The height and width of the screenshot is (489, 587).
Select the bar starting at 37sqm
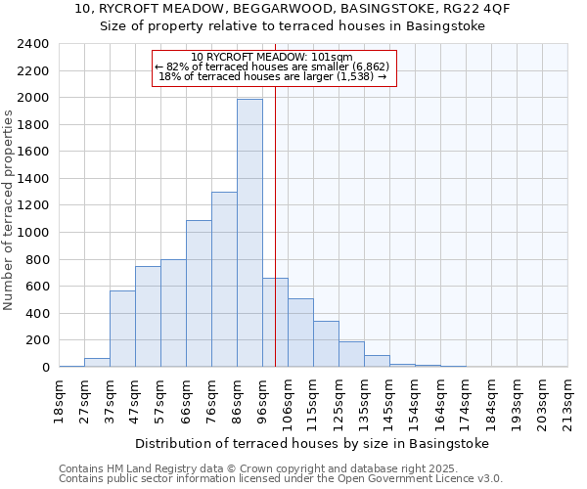click(122, 329)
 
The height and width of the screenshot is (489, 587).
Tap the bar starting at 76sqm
click(224, 280)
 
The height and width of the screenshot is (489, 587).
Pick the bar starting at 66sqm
click(199, 293)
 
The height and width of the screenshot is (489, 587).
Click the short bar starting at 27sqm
click(97, 363)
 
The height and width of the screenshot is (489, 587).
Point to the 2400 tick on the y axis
click(34, 44)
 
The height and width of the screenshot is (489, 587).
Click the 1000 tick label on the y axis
click(34, 233)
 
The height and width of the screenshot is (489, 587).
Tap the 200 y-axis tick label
click(38, 340)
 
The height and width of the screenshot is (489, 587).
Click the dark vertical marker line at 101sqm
click(275, 244)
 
